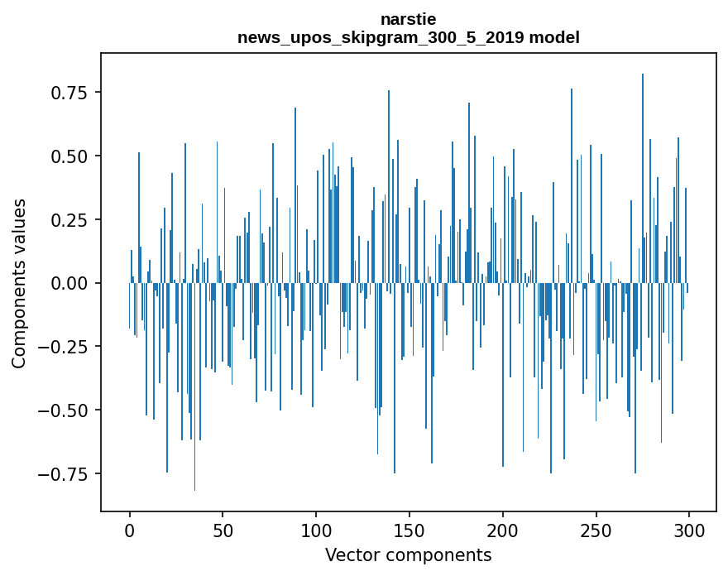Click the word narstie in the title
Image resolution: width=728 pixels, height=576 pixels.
[408, 19]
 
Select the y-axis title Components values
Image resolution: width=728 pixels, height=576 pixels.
[19, 283]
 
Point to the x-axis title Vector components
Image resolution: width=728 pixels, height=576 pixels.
[408, 554]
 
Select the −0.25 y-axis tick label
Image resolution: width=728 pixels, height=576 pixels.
[65, 347]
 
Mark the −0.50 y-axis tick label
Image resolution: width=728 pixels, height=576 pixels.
[65, 410]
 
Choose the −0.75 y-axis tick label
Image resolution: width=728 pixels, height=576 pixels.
[65, 474]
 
